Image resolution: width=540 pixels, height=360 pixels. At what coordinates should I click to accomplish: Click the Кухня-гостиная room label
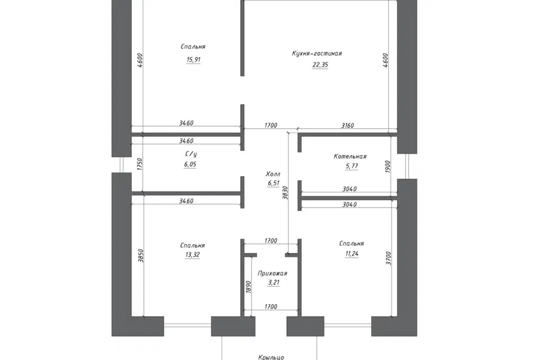[x=317, y=53]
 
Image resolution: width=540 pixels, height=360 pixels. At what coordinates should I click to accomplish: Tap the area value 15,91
[x=193, y=60]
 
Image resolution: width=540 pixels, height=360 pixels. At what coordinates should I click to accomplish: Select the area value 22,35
[x=320, y=65]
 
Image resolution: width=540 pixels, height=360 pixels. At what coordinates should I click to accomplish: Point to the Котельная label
[x=350, y=156]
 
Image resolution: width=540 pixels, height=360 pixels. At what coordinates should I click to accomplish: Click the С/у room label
[x=191, y=154]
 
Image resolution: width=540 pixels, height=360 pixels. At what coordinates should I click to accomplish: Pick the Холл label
[x=273, y=174]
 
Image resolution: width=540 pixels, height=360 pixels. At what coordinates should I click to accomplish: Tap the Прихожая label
[x=272, y=273]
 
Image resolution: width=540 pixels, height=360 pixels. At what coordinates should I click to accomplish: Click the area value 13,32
[x=192, y=255]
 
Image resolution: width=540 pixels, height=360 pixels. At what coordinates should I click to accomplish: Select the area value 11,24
[x=351, y=254]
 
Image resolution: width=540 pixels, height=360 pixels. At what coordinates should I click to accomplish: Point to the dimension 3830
[x=285, y=193]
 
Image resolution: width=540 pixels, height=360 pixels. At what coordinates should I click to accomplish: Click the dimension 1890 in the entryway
[x=249, y=287]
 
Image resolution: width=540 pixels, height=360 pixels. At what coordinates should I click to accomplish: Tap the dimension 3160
[x=348, y=126]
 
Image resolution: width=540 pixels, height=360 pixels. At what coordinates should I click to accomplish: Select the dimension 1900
[x=388, y=166]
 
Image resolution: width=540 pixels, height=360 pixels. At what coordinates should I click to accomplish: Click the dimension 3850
[x=141, y=256]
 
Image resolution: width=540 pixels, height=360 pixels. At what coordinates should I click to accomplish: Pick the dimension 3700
[x=389, y=258]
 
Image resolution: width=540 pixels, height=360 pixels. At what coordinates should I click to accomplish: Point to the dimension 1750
[x=139, y=164]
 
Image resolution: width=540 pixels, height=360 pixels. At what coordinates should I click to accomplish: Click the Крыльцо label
[x=271, y=357]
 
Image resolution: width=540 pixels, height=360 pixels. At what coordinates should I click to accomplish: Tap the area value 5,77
[x=352, y=166]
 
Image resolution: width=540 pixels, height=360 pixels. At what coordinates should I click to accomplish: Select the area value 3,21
[x=273, y=283]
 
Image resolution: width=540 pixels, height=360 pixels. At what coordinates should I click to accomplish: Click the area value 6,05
[x=190, y=164]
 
